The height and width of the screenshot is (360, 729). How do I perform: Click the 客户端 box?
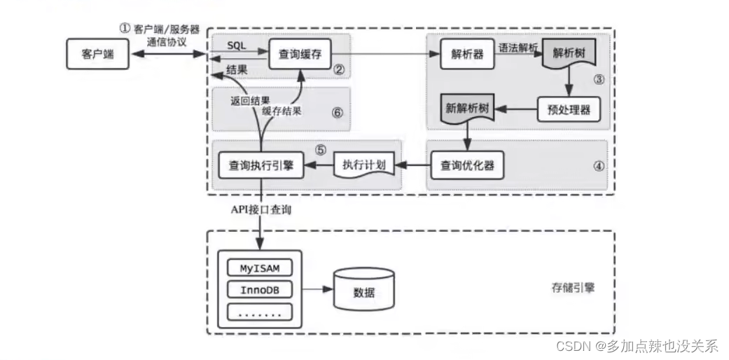97,55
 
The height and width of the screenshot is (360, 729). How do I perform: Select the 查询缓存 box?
300,55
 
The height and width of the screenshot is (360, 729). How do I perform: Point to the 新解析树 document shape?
467,110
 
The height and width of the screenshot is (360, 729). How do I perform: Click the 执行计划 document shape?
363,166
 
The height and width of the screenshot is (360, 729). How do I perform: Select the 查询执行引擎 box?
261,166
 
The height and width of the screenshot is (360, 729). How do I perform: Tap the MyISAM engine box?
260,268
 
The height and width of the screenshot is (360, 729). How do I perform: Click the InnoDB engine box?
260,289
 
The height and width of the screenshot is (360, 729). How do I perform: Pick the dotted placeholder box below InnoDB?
260,312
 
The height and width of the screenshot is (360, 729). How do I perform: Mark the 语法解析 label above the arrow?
518,48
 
